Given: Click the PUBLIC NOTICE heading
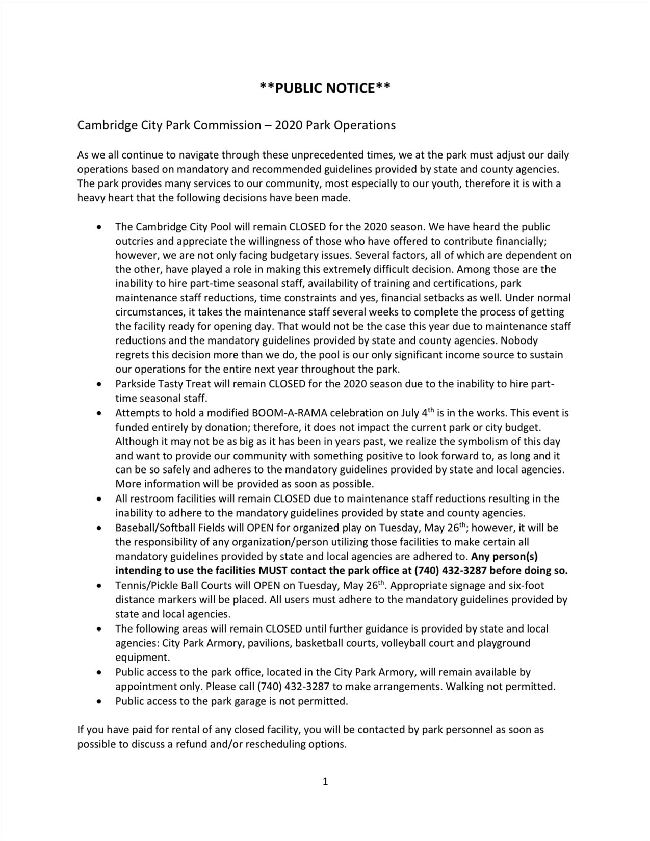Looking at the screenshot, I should point(325,88).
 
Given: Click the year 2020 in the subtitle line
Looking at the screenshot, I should point(289,125).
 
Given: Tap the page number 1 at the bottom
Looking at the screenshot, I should point(325,781).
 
